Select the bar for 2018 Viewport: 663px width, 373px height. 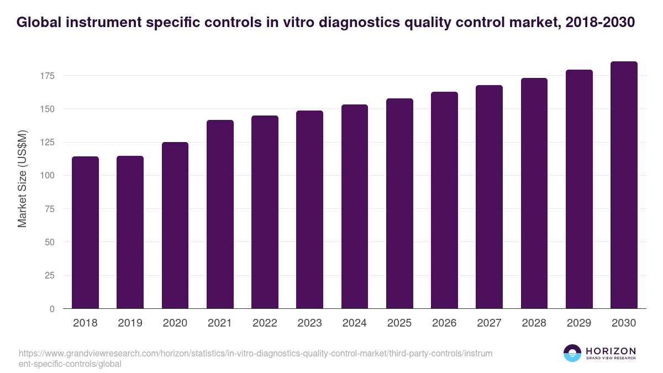point(85,232)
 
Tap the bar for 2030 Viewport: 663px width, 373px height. point(624,185)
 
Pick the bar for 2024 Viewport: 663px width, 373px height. point(355,207)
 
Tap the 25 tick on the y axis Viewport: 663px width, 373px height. point(50,276)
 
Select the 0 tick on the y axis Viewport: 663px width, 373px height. point(52,309)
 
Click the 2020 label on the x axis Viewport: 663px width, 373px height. point(175,323)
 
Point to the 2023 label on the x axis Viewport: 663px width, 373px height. point(309,323)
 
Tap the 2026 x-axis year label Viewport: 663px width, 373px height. point(444,323)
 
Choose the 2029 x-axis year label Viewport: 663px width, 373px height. point(579,323)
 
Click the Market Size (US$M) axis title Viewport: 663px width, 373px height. point(22,178)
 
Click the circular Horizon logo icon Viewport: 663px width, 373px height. point(572,353)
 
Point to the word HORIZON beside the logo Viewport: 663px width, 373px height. point(611,351)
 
